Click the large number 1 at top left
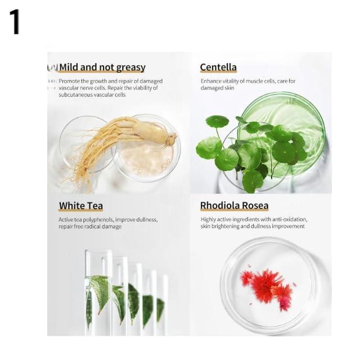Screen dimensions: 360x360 (15, 22)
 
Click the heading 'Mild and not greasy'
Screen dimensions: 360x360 (102, 67)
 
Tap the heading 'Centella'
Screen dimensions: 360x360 (218, 67)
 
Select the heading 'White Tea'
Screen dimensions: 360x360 (80, 205)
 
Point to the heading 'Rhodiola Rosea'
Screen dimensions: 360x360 (234, 205)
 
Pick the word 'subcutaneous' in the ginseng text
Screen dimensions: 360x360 (75, 94)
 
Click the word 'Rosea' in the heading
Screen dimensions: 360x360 (253, 205)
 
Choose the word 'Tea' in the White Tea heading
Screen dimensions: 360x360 (94, 205)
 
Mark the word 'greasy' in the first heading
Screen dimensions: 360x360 (130, 67)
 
